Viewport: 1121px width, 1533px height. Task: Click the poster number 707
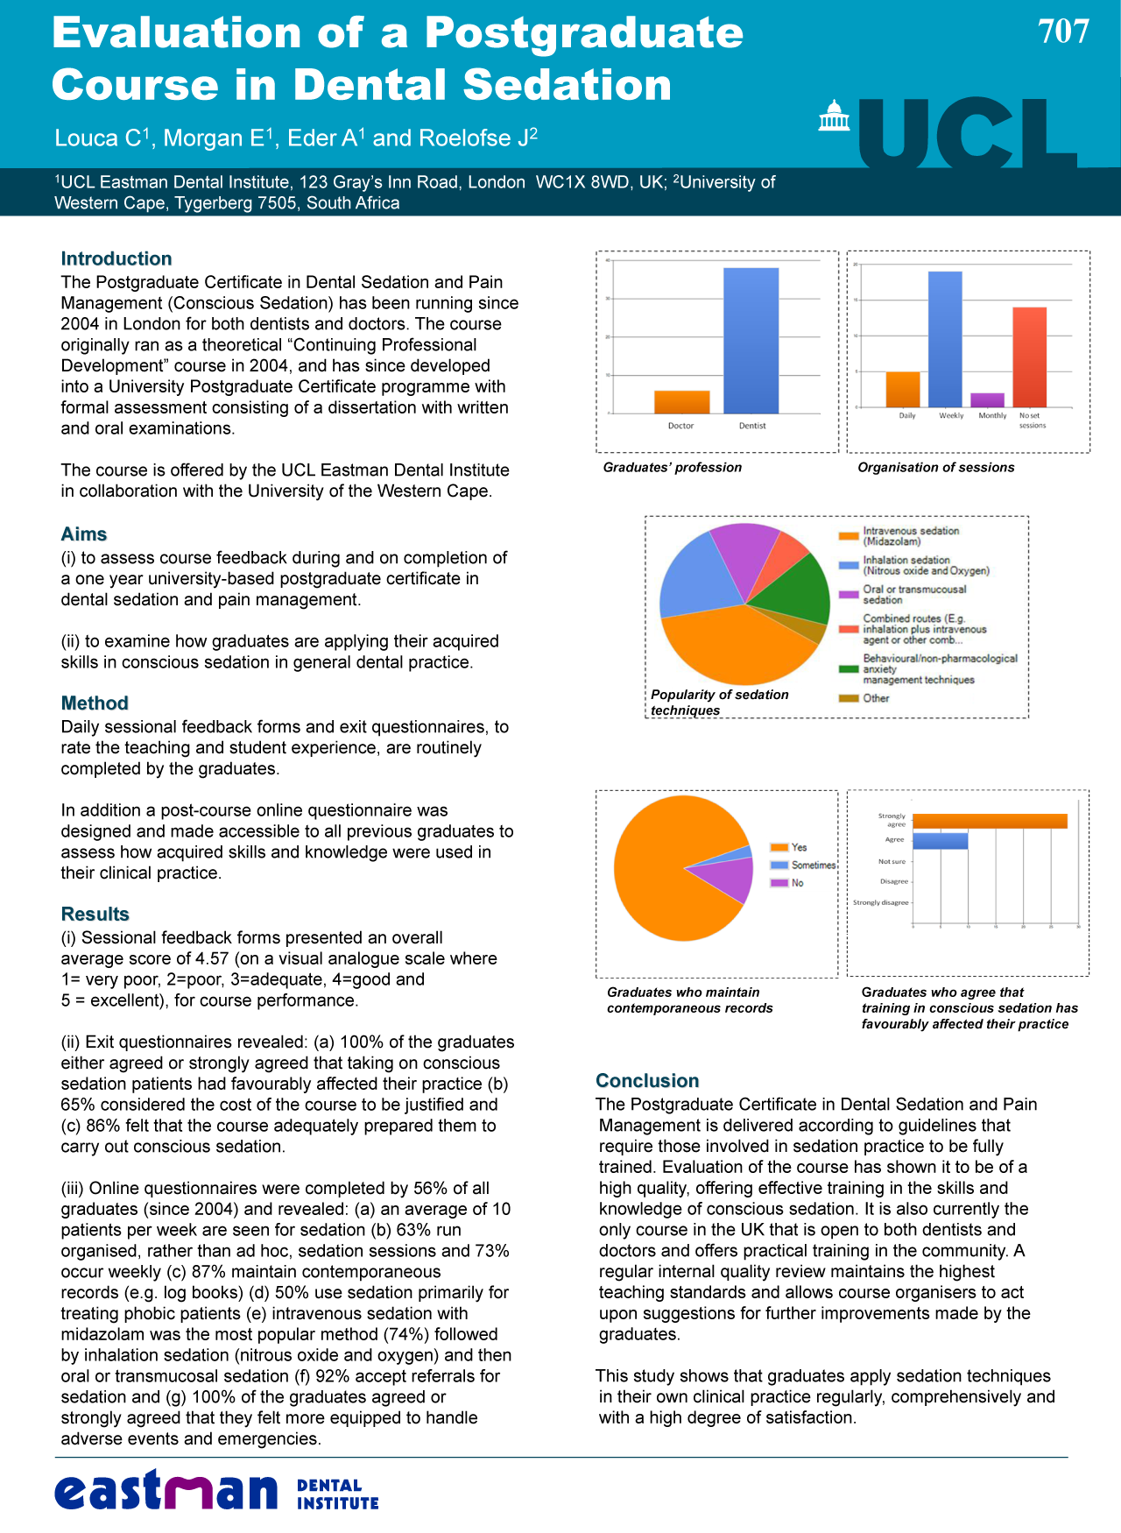coord(1063,32)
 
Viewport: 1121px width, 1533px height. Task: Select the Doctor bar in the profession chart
coord(681,402)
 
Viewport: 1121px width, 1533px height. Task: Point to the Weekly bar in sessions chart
coord(945,339)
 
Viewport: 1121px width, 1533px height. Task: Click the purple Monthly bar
coord(988,400)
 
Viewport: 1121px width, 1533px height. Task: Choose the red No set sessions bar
coord(1030,357)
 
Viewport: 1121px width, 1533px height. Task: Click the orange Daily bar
coord(903,390)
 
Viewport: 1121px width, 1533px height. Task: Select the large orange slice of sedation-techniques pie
coord(736,644)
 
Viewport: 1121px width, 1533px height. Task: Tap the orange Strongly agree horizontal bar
coord(990,821)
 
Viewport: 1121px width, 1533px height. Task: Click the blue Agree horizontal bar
coord(940,841)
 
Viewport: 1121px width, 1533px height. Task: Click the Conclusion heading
coord(647,1081)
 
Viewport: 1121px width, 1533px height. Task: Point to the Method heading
coord(95,703)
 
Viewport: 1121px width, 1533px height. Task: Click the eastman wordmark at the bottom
coord(166,1491)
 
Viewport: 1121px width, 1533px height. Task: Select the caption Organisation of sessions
coord(935,468)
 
